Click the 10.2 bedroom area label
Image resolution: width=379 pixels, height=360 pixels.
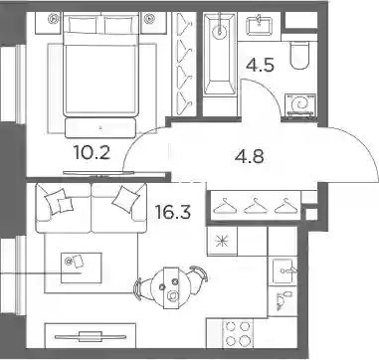92,153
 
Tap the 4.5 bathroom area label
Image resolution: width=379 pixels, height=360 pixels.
261,65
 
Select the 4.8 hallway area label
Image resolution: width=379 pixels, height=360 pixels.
250,157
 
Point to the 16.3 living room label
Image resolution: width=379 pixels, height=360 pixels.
173,212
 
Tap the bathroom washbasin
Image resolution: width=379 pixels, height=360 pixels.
260,25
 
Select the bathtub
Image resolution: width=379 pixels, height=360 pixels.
219,55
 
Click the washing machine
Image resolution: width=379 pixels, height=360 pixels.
301,105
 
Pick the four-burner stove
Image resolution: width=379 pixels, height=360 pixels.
238,333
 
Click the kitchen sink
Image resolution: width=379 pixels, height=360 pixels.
284,271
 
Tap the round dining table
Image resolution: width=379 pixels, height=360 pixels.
172,287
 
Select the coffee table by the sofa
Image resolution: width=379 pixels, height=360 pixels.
82,268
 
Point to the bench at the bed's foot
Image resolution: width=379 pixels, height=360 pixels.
100,128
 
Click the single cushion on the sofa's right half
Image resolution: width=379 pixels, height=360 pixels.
124,198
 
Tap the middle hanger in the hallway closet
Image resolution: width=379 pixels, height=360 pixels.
255,206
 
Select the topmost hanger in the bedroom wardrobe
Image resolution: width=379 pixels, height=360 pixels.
184,25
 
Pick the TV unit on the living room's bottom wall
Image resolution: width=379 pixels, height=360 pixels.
91,336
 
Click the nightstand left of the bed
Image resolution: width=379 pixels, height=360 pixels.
48,23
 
